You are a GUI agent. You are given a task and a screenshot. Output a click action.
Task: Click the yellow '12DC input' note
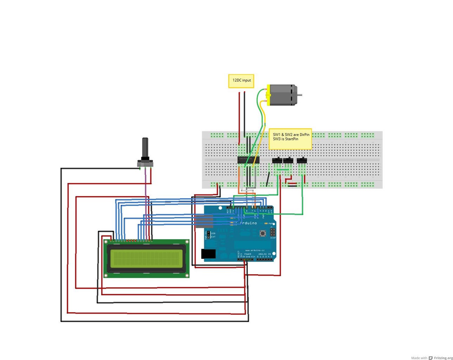click(x=241, y=81)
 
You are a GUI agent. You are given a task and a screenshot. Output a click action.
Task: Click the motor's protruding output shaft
click(x=299, y=95)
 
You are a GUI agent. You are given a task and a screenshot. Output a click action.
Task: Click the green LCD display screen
click(x=147, y=258)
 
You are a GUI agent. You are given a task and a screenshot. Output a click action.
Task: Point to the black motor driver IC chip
click(x=248, y=160)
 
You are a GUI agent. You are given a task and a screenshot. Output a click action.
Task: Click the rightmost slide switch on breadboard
click(x=302, y=161)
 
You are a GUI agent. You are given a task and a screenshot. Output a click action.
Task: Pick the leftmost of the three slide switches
click(x=277, y=161)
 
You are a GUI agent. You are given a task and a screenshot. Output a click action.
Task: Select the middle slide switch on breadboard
click(x=288, y=161)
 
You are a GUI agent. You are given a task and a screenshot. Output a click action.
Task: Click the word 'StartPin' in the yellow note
click(x=291, y=139)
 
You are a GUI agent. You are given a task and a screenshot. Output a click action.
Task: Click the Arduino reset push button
click(x=263, y=233)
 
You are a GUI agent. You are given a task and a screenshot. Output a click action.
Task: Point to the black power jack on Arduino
click(x=208, y=254)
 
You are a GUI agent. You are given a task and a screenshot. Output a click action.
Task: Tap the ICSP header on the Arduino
click(x=272, y=232)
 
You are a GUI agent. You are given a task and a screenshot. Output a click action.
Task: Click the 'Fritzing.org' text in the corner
click(x=443, y=358)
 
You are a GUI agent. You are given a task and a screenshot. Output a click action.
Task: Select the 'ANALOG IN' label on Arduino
click(x=265, y=254)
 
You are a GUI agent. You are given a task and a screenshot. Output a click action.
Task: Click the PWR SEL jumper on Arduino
click(x=208, y=235)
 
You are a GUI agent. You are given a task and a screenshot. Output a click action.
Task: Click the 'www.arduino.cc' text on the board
click(x=255, y=250)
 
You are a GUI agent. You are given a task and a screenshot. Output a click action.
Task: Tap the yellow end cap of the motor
click(x=268, y=95)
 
